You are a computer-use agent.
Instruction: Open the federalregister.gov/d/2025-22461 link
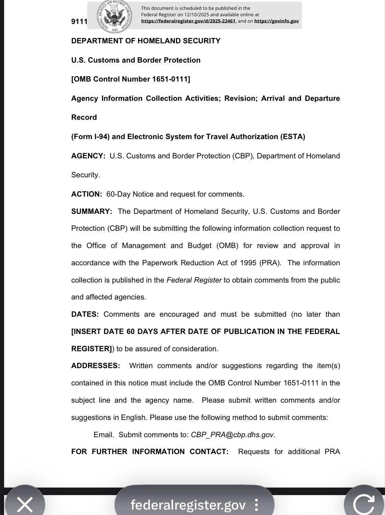(188, 21)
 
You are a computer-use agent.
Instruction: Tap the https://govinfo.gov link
(276, 21)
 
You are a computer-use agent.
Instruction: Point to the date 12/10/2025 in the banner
(196, 15)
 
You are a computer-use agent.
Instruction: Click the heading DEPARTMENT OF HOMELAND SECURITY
(146, 41)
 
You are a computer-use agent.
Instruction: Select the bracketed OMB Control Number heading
(131, 79)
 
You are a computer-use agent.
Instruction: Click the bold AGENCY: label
(88, 156)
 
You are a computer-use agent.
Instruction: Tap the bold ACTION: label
(87, 194)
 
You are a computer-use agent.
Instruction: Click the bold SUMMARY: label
(92, 211)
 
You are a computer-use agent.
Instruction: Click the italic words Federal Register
(194, 280)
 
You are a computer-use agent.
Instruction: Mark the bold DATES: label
(85, 314)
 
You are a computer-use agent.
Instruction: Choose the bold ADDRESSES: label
(95, 366)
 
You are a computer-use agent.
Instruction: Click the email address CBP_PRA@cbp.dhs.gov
(232, 435)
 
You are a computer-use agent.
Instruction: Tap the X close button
(25, 504)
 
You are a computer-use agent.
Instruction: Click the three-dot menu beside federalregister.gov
(256, 505)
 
